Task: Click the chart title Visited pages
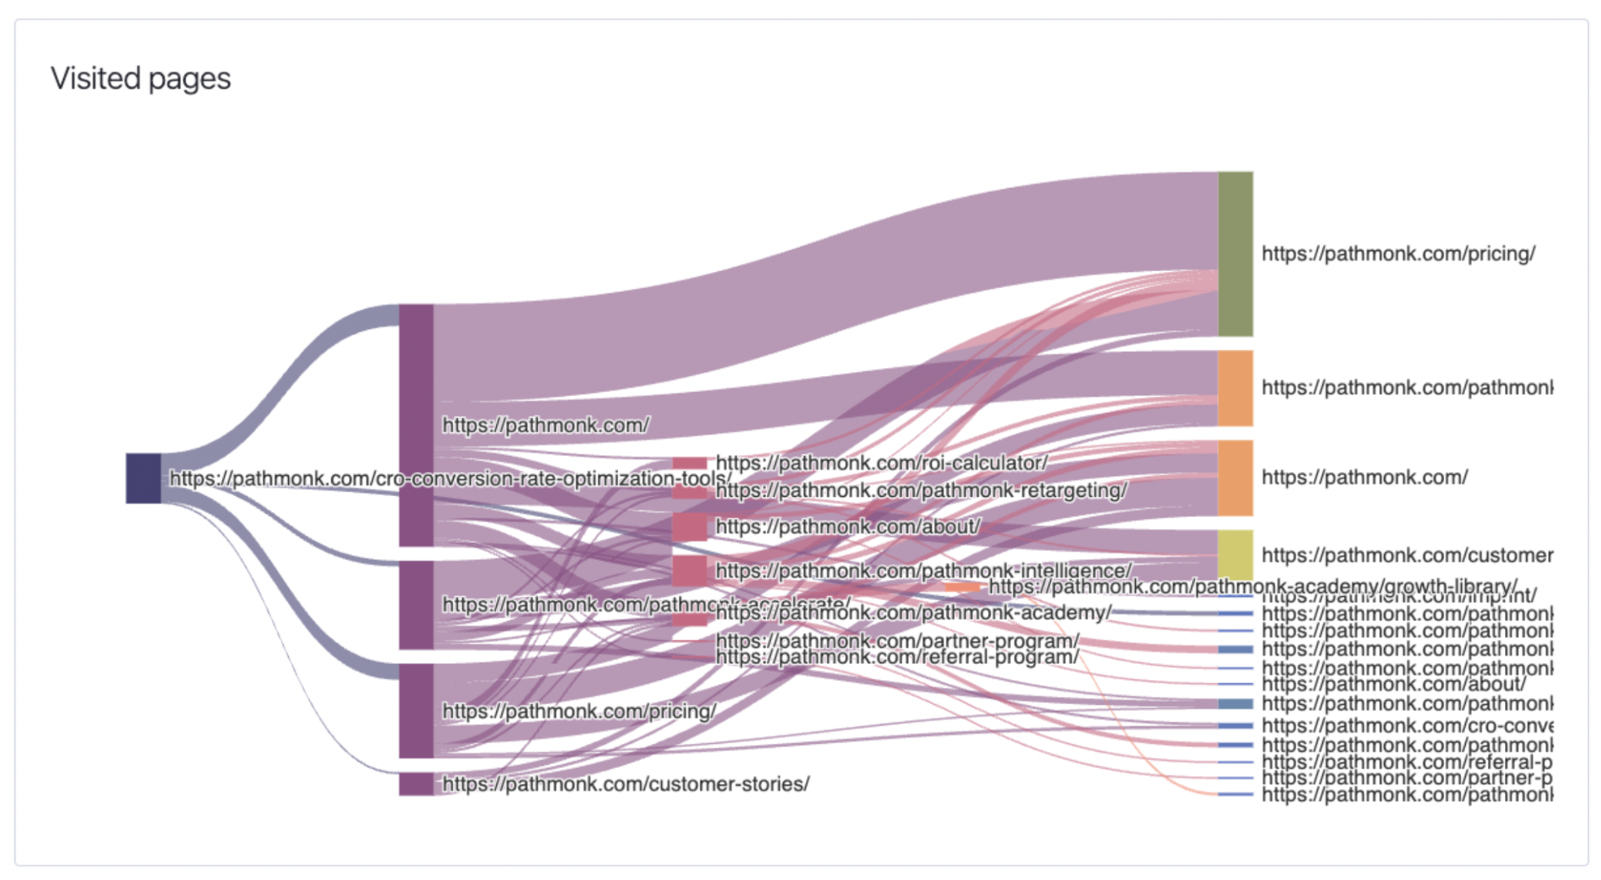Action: click(141, 78)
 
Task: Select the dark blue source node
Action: click(143, 478)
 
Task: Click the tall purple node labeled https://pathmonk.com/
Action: click(416, 425)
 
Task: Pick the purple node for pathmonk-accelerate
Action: click(416, 605)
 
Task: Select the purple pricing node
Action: click(416, 710)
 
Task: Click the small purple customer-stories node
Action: click(416, 784)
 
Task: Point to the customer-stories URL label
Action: click(625, 784)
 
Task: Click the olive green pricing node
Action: click(1235, 254)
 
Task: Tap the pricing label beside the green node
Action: click(1398, 254)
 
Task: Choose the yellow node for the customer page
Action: click(1235, 554)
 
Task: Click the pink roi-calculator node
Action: click(689, 463)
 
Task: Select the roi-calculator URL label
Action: click(881, 462)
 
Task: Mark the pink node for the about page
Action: click(689, 527)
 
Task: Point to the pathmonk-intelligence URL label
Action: click(923, 570)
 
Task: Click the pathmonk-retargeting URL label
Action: click(921, 490)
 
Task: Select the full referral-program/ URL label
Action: click(897, 658)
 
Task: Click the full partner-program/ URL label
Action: click(897, 641)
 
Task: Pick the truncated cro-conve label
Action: click(1406, 726)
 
